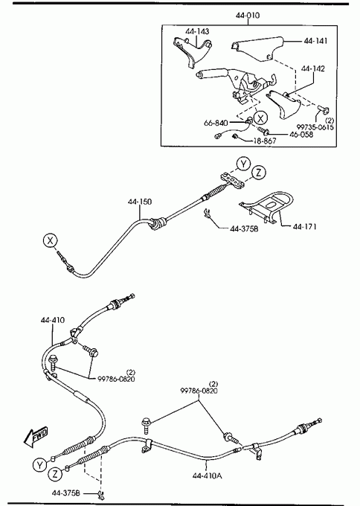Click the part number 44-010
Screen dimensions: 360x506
(248, 15)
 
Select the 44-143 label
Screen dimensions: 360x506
(197, 31)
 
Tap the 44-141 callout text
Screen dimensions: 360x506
(315, 41)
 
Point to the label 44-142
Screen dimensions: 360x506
(313, 68)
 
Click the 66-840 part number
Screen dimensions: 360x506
(216, 123)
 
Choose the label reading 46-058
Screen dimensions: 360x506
(301, 134)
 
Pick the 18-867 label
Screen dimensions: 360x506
(265, 141)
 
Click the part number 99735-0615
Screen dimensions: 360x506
(315, 127)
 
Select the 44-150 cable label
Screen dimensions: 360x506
(140, 202)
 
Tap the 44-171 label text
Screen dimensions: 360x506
(304, 226)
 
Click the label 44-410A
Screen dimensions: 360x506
(207, 475)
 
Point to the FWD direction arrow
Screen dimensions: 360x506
(36, 437)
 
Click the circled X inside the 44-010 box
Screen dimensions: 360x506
(260, 118)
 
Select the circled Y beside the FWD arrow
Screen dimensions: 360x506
(39, 465)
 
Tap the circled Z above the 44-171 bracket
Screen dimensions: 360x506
(258, 173)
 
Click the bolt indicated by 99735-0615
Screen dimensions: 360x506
(323, 109)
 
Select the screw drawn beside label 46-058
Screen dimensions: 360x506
(263, 130)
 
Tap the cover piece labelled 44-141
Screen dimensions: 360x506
(257, 49)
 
